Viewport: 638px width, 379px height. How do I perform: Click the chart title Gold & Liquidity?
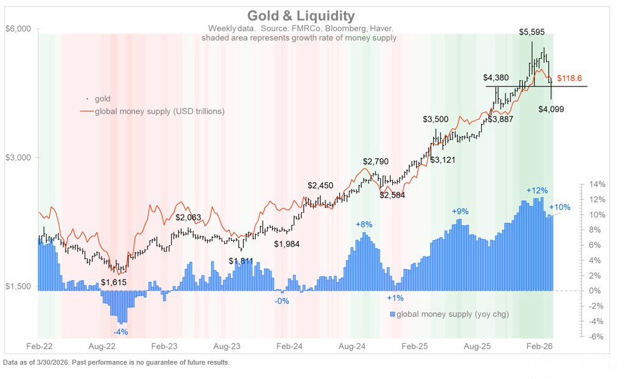click(301, 16)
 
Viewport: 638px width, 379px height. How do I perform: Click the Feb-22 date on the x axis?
click(39, 344)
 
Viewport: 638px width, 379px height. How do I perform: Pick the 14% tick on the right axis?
click(596, 184)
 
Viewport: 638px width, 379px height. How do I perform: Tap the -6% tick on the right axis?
click(596, 337)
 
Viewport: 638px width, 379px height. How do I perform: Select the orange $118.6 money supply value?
click(570, 78)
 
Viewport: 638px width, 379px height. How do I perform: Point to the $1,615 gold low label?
click(114, 283)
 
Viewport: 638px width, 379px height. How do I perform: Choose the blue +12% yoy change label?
click(537, 190)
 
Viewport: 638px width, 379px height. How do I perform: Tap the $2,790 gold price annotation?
click(376, 161)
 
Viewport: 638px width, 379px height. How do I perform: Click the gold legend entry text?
click(102, 99)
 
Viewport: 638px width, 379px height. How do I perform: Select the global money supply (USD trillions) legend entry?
click(159, 111)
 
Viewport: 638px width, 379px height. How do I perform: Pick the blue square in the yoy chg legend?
click(392, 314)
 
